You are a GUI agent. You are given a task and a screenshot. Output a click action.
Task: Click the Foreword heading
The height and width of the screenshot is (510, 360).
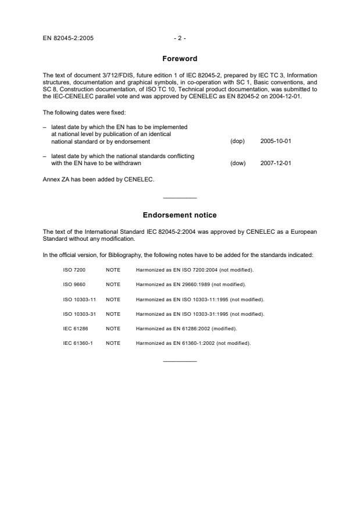[180, 59]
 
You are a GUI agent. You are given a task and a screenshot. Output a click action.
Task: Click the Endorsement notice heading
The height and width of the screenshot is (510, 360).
[180, 215]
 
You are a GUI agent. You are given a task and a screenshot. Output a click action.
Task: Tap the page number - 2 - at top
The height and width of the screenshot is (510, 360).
[180, 38]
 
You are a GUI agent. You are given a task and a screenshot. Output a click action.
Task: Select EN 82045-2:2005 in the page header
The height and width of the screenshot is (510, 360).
[68, 38]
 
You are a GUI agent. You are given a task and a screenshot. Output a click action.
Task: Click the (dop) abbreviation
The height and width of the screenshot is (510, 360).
[237, 141]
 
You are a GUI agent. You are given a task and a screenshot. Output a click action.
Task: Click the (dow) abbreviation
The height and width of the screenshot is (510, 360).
[238, 163]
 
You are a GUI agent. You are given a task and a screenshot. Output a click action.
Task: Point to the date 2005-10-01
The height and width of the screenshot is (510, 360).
[276, 141]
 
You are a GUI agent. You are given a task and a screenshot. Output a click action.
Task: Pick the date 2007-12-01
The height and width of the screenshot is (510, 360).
[276, 163]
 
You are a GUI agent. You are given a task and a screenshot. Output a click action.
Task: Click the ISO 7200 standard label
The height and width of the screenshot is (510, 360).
[73, 270]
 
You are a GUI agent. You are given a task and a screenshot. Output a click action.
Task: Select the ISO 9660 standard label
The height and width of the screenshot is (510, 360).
[73, 284]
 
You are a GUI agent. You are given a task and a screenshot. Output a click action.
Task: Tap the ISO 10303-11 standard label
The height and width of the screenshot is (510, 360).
[80, 299]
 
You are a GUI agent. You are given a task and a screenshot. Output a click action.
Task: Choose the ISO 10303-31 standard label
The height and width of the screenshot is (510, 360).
[80, 314]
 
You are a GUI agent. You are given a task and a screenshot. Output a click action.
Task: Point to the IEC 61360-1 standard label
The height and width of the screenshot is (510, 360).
[77, 343]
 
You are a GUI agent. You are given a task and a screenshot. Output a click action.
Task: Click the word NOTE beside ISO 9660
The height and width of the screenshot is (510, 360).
[113, 284]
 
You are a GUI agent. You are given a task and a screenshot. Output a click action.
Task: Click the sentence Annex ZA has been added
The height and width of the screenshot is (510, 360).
[98, 179]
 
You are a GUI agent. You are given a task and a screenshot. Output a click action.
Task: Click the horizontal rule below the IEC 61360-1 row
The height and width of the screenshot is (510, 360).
[180, 362]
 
